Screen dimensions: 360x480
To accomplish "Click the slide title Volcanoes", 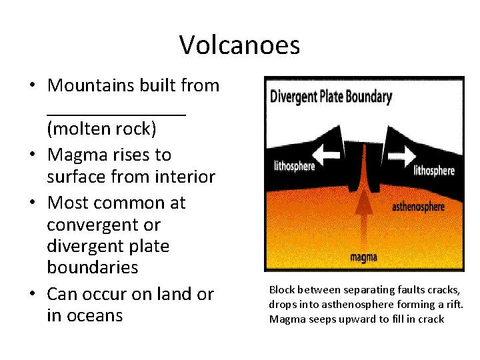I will [x=239, y=45].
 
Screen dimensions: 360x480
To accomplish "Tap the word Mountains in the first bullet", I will [x=91, y=85].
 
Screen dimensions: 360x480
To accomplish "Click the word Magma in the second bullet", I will [x=75, y=155].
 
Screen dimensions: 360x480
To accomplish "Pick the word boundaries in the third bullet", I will [x=93, y=267].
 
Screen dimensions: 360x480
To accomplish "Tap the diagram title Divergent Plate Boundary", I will [x=331, y=97].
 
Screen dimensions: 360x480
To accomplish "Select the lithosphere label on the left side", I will [x=294, y=166].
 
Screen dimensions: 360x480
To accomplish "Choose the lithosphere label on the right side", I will [x=434, y=171].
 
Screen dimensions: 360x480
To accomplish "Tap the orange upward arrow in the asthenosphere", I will [x=363, y=213].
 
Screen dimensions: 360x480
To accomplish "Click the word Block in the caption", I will [x=281, y=290].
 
